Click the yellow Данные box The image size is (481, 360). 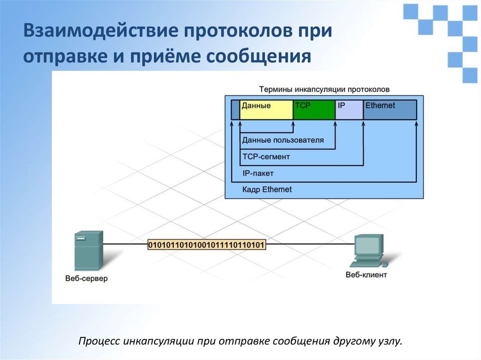(x=266, y=110)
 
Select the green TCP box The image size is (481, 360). (x=314, y=110)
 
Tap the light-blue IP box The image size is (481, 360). (x=349, y=110)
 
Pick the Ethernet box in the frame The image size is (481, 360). (x=390, y=110)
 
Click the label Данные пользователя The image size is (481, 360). (x=283, y=140)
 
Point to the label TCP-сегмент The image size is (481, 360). (x=266, y=156)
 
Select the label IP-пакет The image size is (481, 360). (x=258, y=173)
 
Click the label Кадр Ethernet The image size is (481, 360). (x=267, y=190)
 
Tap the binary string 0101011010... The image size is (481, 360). (x=207, y=245)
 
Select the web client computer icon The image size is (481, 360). (x=368, y=249)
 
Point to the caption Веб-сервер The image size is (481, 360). (x=86, y=278)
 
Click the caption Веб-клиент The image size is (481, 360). (x=366, y=275)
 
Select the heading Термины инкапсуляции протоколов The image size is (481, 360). (x=324, y=89)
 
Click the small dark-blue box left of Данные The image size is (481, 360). (x=235, y=110)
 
